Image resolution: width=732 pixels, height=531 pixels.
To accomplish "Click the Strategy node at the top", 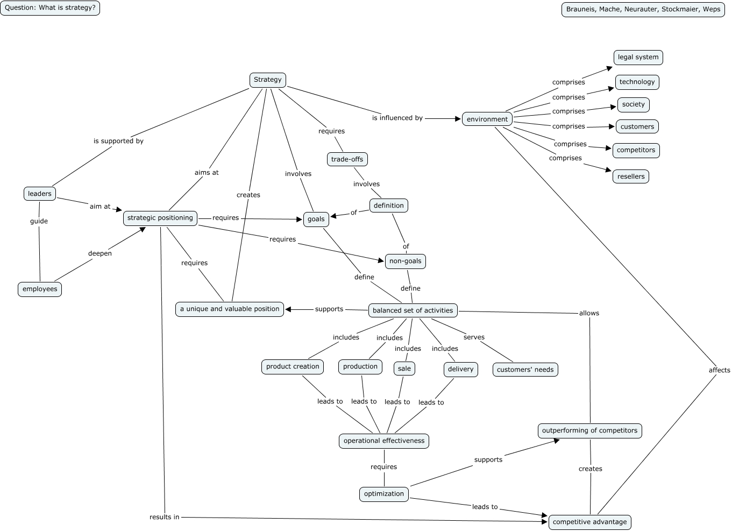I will (267, 80).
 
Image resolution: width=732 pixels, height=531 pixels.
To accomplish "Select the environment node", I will (487, 119).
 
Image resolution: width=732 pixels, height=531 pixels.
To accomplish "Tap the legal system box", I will (638, 58).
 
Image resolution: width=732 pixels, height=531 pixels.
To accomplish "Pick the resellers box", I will (631, 176).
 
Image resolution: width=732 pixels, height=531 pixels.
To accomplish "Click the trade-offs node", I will (347, 159).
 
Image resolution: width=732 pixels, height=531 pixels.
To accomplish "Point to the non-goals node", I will (406, 261).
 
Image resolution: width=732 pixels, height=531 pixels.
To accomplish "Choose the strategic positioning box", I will (160, 218).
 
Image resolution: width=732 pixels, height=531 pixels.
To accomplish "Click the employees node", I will (40, 289).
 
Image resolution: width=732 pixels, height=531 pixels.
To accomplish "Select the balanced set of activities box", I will (413, 310).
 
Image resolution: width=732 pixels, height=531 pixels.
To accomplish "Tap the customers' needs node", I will (525, 370).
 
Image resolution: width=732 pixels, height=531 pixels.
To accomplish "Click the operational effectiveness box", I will (383, 441).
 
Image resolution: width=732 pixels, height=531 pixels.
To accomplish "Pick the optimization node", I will (383, 494).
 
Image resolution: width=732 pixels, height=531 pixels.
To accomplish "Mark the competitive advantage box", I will (589, 522).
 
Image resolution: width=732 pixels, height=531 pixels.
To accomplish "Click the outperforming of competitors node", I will (589, 431).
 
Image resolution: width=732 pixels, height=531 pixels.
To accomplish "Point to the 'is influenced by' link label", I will (397, 118).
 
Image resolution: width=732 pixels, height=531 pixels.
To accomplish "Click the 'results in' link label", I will (164, 517).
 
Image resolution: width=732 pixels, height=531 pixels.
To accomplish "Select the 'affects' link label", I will (719, 370).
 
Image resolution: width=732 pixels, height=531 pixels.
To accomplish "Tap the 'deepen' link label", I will (100, 253).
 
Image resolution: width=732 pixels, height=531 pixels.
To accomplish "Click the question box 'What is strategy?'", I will (50, 8).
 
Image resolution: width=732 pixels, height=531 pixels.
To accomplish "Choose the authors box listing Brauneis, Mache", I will (643, 9).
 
